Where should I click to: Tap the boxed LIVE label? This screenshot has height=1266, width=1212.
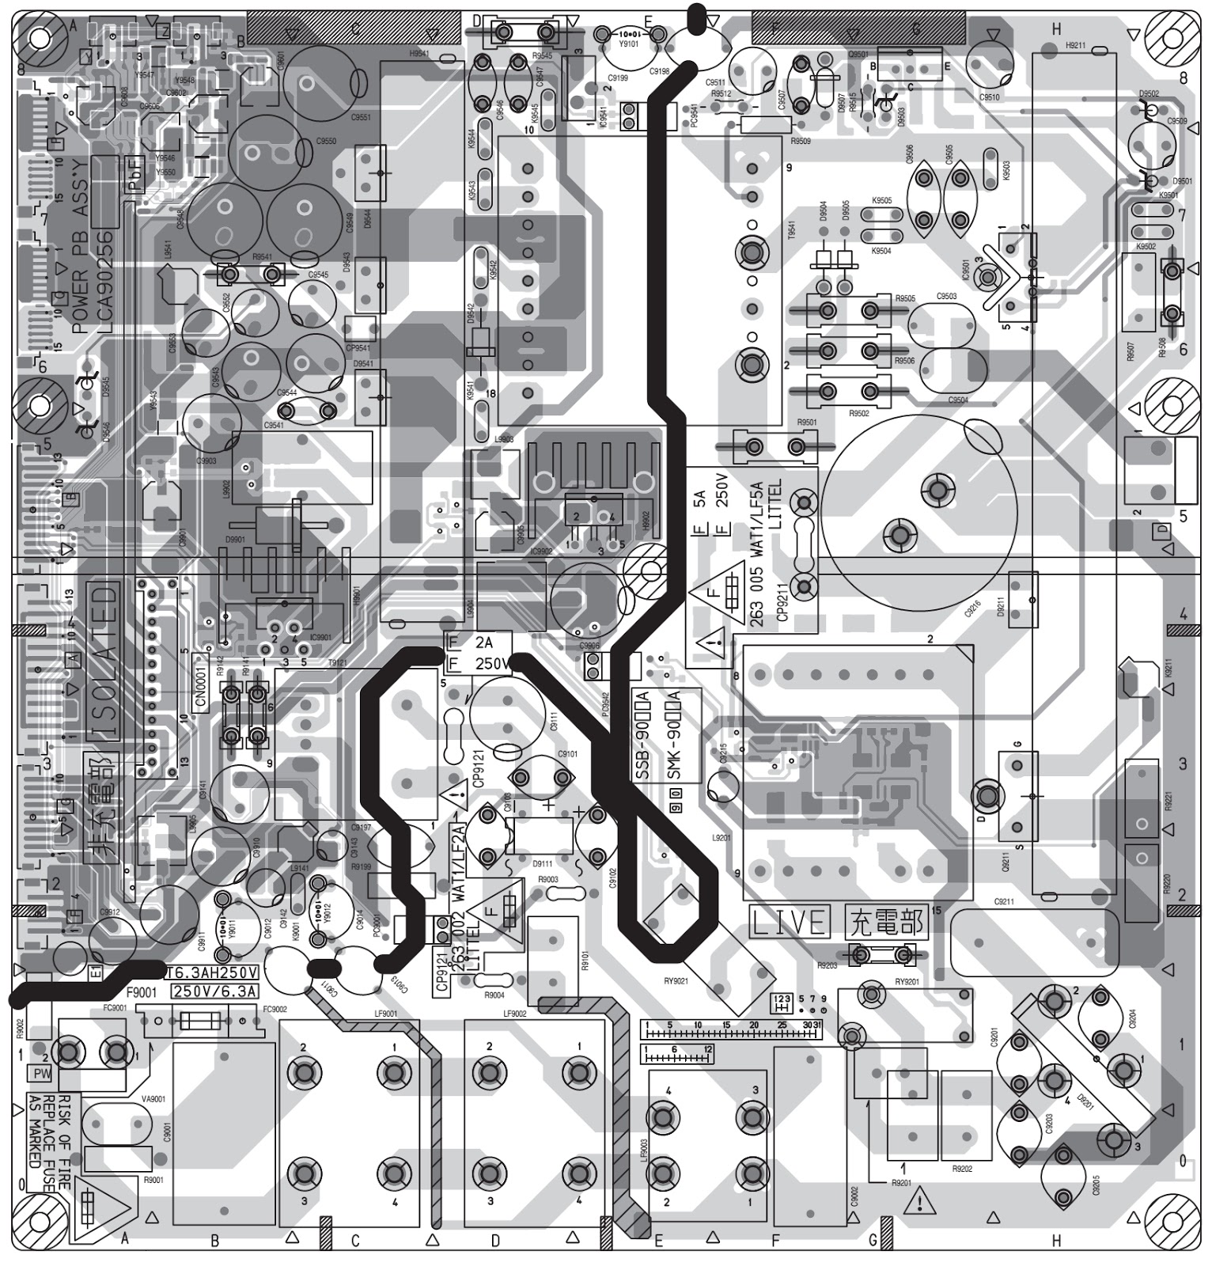tap(790, 922)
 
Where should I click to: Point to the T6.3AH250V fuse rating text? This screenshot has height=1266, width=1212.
tap(212, 972)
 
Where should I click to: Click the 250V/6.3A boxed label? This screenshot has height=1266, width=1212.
tap(214, 991)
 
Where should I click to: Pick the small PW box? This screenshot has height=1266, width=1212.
tap(41, 1074)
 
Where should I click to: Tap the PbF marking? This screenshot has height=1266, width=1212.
tap(135, 175)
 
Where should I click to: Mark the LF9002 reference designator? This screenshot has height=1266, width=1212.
tap(513, 1014)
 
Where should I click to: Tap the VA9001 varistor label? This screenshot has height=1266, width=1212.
tap(153, 1098)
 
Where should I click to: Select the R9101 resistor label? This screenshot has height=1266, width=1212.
tap(585, 960)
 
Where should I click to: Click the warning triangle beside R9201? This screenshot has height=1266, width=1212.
tap(919, 1203)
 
